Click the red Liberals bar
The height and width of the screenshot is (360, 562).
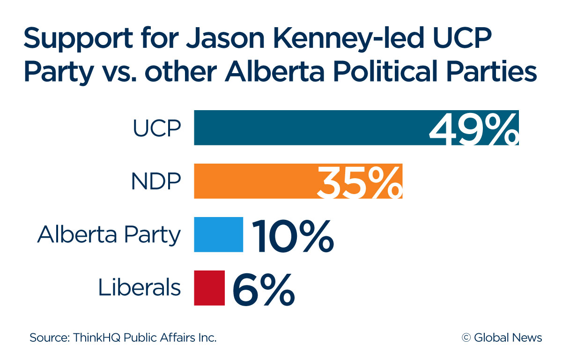[209, 288]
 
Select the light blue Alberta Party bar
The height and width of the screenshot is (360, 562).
[219, 234]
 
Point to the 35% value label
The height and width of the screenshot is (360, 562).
[359, 181]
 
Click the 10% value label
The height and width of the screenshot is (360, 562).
[293, 235]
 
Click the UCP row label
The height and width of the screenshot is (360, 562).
[157, 128]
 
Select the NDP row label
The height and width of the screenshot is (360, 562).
[156, 181]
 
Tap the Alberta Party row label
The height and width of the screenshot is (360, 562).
[109, 235]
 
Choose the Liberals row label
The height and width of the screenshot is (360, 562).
[139, 288]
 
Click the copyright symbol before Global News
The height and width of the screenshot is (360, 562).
[466, 337]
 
